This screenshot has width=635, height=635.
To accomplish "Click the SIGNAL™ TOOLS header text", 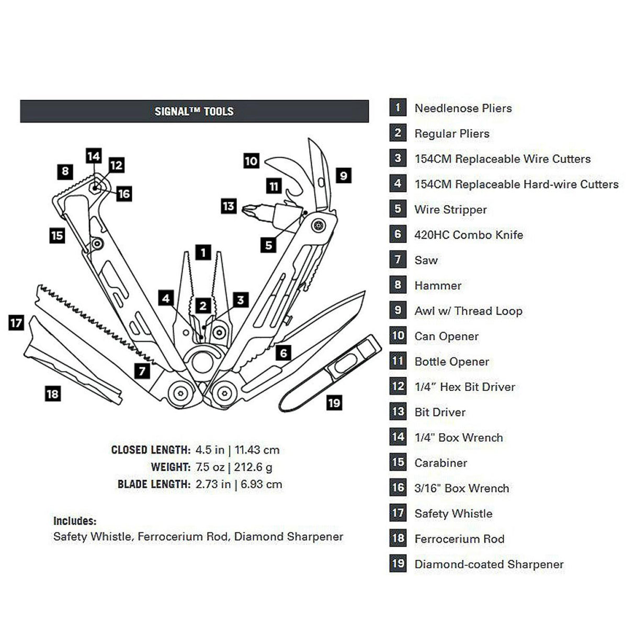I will [x=194, y=111].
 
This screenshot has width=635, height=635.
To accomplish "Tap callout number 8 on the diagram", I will [x=65, y=171].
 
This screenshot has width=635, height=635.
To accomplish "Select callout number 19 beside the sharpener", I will [x=334, y=403].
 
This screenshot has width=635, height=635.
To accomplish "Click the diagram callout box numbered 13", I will [x=229, y=206].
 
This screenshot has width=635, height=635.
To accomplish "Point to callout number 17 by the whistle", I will [x=16, y=323].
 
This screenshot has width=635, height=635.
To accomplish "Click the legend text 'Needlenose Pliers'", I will [x=463, y=108].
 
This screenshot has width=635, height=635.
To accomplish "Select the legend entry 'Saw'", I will [x=426, y=260].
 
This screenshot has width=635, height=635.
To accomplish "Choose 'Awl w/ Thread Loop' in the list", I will [x=468, y=311].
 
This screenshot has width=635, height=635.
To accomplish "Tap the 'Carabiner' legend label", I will [x=440, y=463].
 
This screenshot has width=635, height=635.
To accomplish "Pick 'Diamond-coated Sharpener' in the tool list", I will [x=489, y=564].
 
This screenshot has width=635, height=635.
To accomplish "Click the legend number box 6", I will [x=398, y=234].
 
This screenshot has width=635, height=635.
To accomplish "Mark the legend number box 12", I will [x=398, y=387].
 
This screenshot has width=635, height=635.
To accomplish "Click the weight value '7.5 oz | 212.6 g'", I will [x=234, y=467].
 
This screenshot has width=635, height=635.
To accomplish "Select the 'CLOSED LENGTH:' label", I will [x=151, y=450].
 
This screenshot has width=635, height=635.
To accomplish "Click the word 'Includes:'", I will [x=75, y=521].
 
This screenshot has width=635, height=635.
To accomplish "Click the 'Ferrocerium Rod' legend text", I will [x=459, y=539].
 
